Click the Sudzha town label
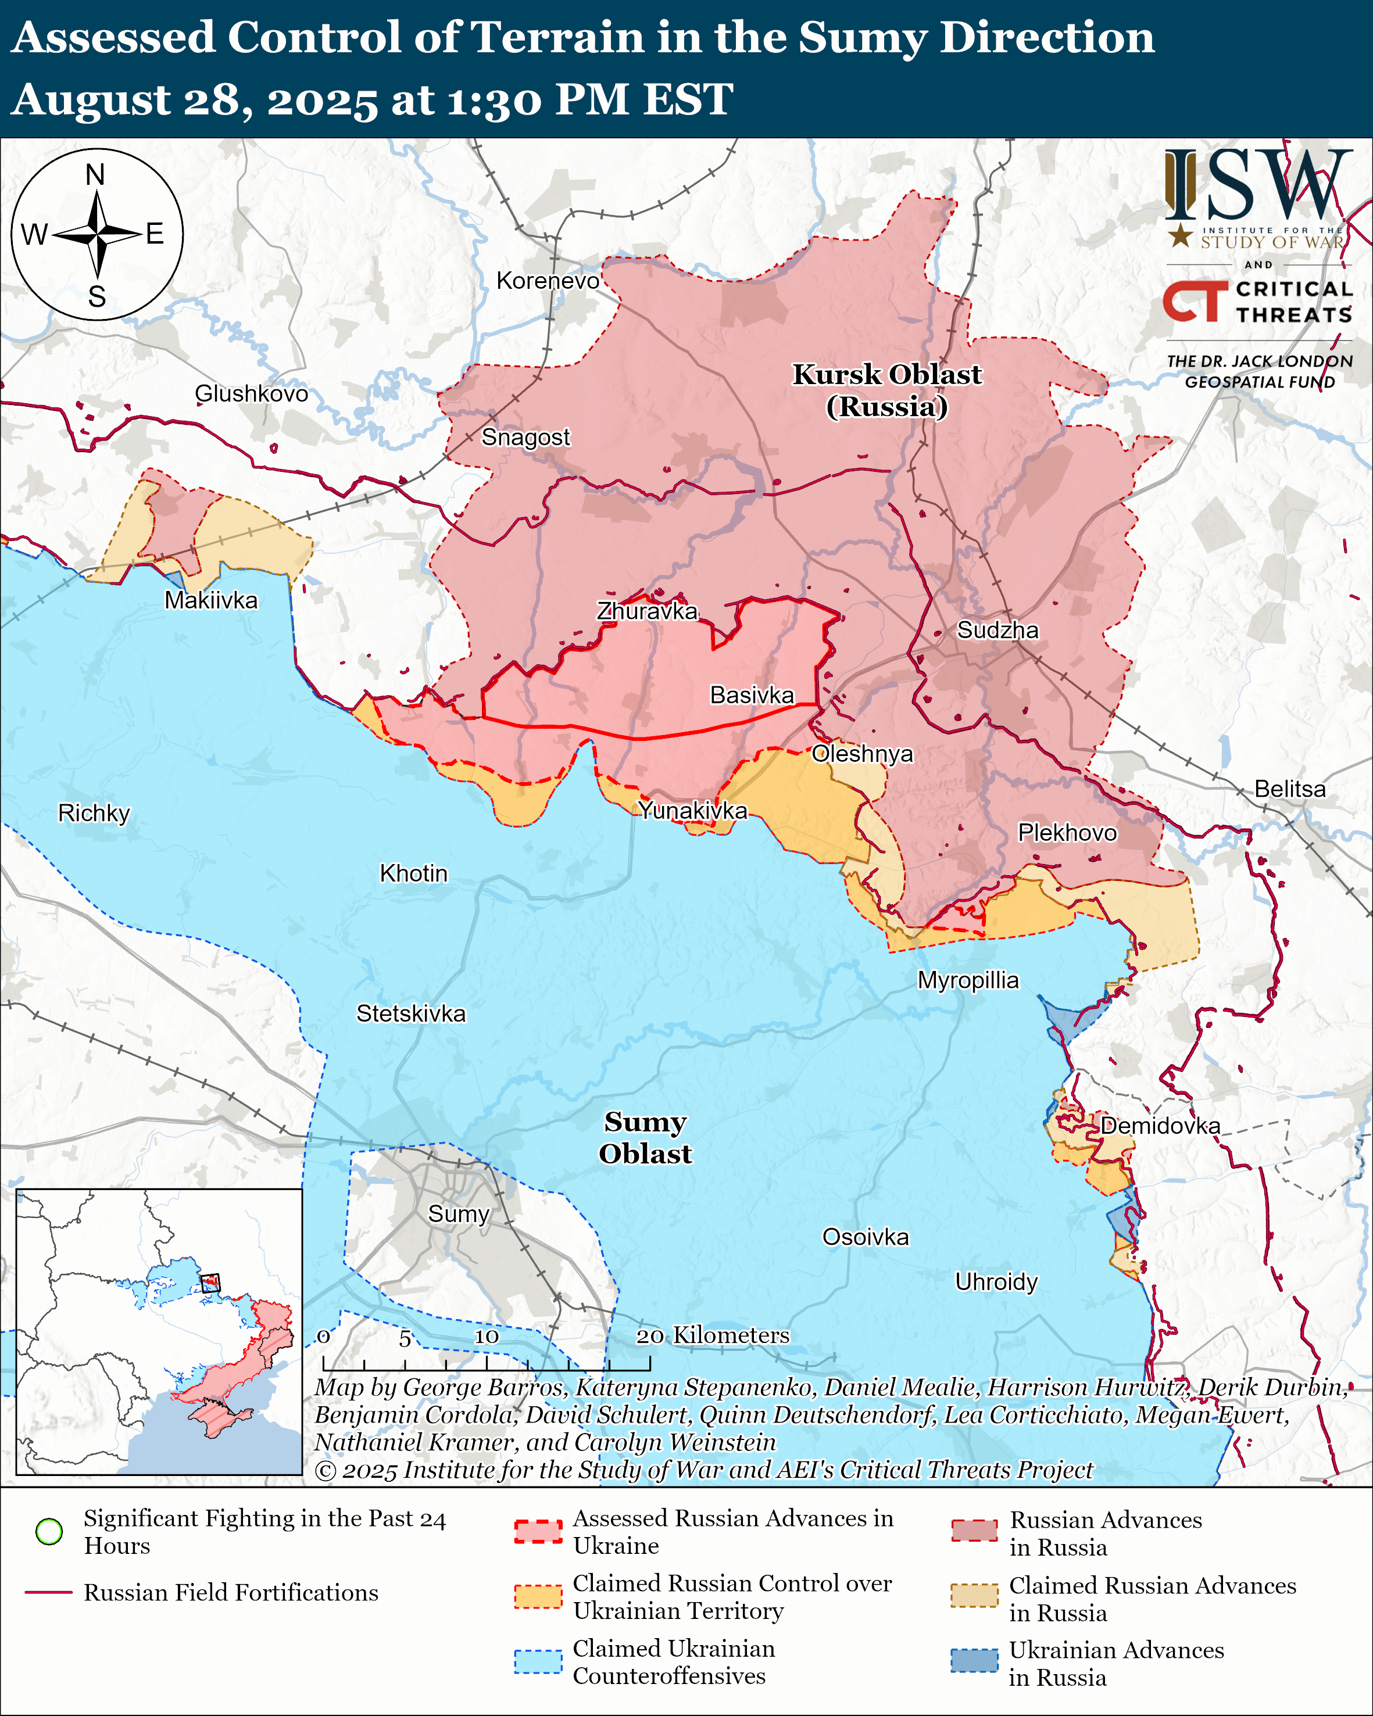click(x=997, y=630)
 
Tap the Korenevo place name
click(x=548, y=281)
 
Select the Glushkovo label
click(x=252, y=393)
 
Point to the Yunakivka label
click(x=692, y=810)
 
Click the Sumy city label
click(x=459, y=1214)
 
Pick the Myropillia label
click(x=968, y=980)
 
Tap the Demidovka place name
click(x=1160, y=1126)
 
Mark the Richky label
click(x=94, y=812)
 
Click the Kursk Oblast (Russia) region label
click(x=886, y=390)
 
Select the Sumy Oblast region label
click(x=645, y=1137)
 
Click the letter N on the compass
click(x=95, y=174)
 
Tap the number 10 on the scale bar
click(x=487, y=1337)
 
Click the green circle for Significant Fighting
click(x=49, y=1531)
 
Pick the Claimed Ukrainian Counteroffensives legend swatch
click(x=538, y=1661)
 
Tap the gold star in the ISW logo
click(x=1181, y=235)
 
